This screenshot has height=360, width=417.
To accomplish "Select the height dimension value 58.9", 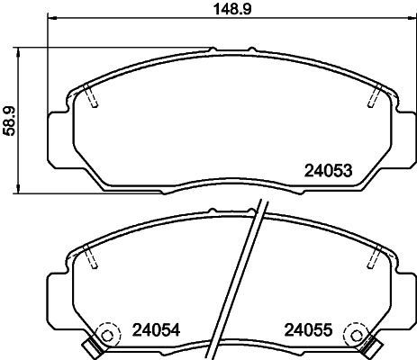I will click(10, 117).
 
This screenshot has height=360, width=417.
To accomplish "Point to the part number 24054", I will click(157, 330).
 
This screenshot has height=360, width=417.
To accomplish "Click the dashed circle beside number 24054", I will click(108, 334).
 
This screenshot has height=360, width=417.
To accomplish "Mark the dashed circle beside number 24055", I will click(358, 334).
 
